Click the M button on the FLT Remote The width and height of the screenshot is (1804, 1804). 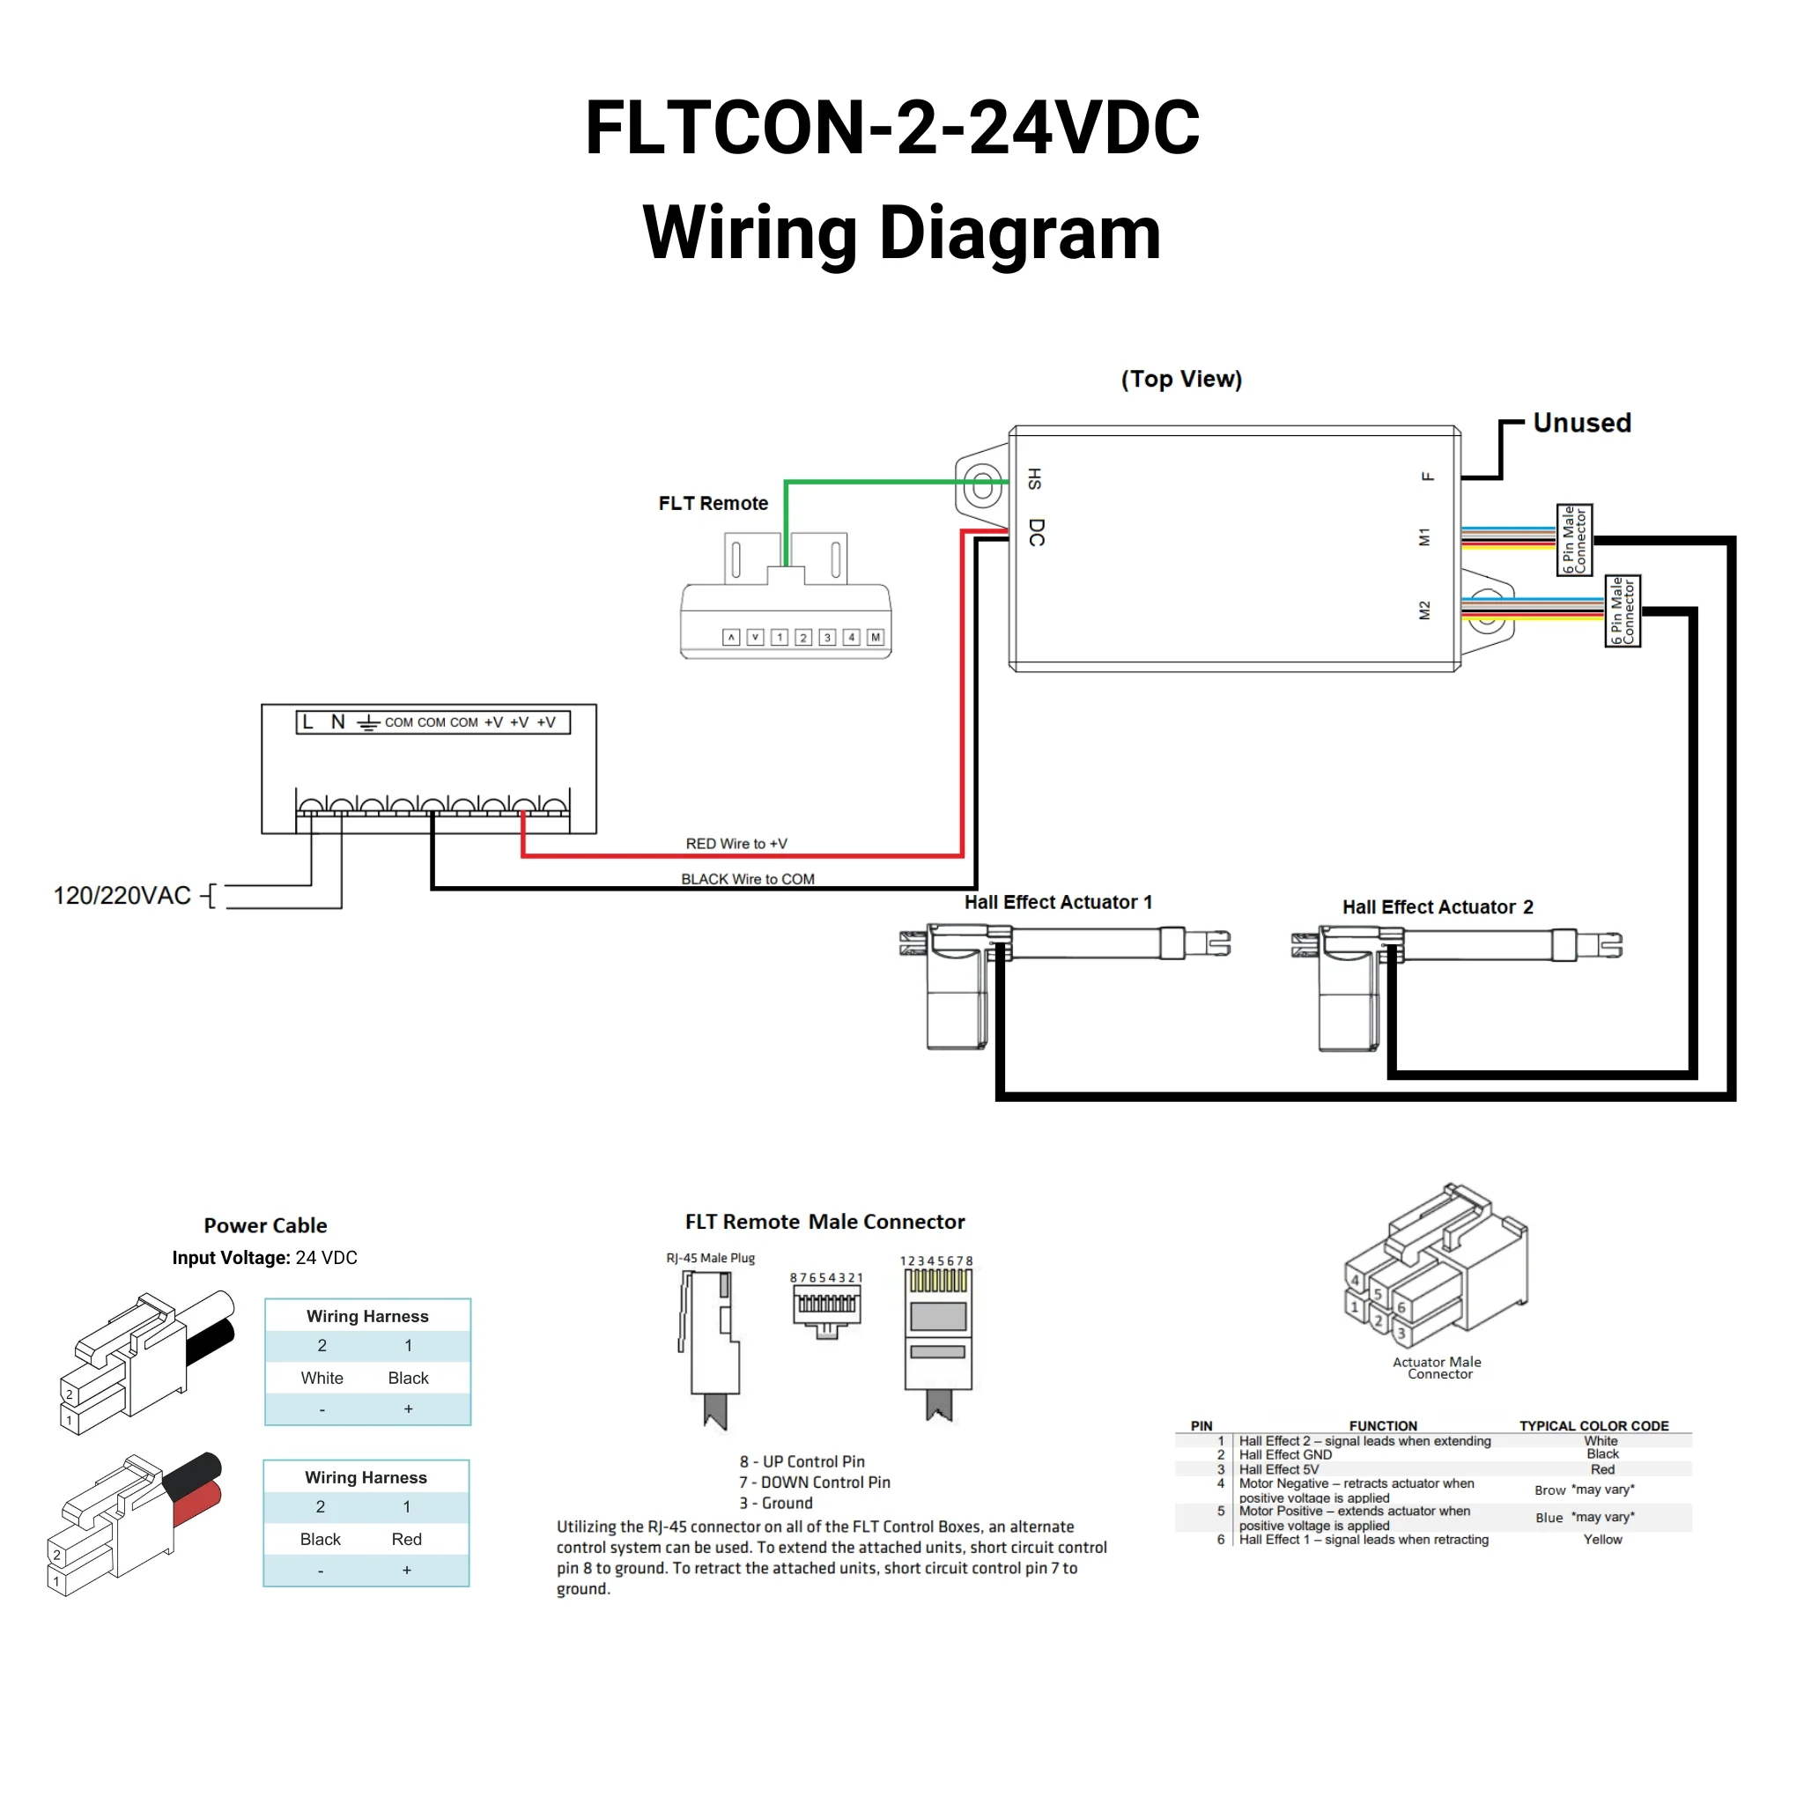pyautogui.click(x=875, y=637)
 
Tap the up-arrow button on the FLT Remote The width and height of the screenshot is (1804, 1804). pyautogui.click(x=731, y=637)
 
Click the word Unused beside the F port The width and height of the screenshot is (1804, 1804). pyautogui.click(x=1582, y=423)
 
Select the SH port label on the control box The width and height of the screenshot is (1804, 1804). pyautogui.click(x=1035, y=479)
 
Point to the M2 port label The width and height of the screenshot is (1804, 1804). pyautogui.click(x=1424, y=610)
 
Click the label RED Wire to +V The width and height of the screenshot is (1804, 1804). pyautogui.click(x=736, y=843)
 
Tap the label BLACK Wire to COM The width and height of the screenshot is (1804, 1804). pyautogui.click(x=747, y=878)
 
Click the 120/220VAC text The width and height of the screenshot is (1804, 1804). pyautogui.click(x=122, y=896)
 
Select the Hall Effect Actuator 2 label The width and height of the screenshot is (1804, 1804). pyautogui.click(x=1437, y=906)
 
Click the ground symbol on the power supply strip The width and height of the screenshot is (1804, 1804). pyautogui.click(x=368, y=722)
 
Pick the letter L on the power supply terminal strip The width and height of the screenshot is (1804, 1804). pyautogui.click(x=307, y=721)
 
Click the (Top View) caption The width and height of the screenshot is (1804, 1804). pyautogui.click(x=1181, y=379)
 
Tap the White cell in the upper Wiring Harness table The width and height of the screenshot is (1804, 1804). pyautogui.click(x=322, y=1378)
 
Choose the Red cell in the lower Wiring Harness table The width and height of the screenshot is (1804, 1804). pyautogui.click(x=406, y=1539)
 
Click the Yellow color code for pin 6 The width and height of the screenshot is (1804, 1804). pyautogui.click(x=1602, y=1539)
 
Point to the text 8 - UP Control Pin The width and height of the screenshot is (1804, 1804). pyautogui.click(x=802, y=1461)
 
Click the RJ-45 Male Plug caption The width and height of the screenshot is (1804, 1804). pyautogui.click(x=711, y=1258)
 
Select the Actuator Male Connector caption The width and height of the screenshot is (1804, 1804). pyautogui.click(x=1437, y=1367)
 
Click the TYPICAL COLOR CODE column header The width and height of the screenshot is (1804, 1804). pyautogui.click(x=1593, y=1426)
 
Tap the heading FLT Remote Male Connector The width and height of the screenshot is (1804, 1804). pyautogui.click(x=824, y=1222)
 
